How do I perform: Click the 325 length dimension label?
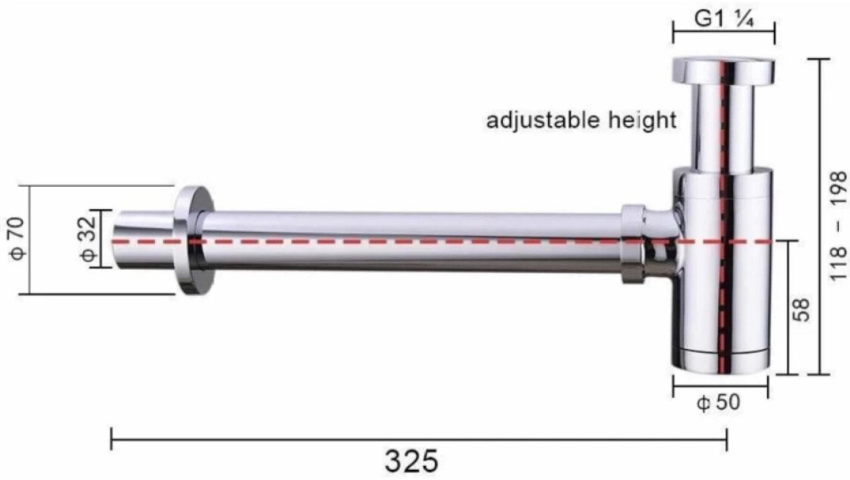click(411, 461)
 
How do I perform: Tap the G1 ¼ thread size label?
click(724, 19)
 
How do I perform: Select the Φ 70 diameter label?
click(17, 238)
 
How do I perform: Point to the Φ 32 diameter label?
click(88, 239)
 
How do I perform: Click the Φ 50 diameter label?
click(719, 402)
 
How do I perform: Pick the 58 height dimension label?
click(801, 310)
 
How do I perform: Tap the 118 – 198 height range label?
click(838, 226)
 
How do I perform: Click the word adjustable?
click(543, 121)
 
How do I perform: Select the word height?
click(643, 120)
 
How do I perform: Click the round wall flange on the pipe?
click(194, 241)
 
